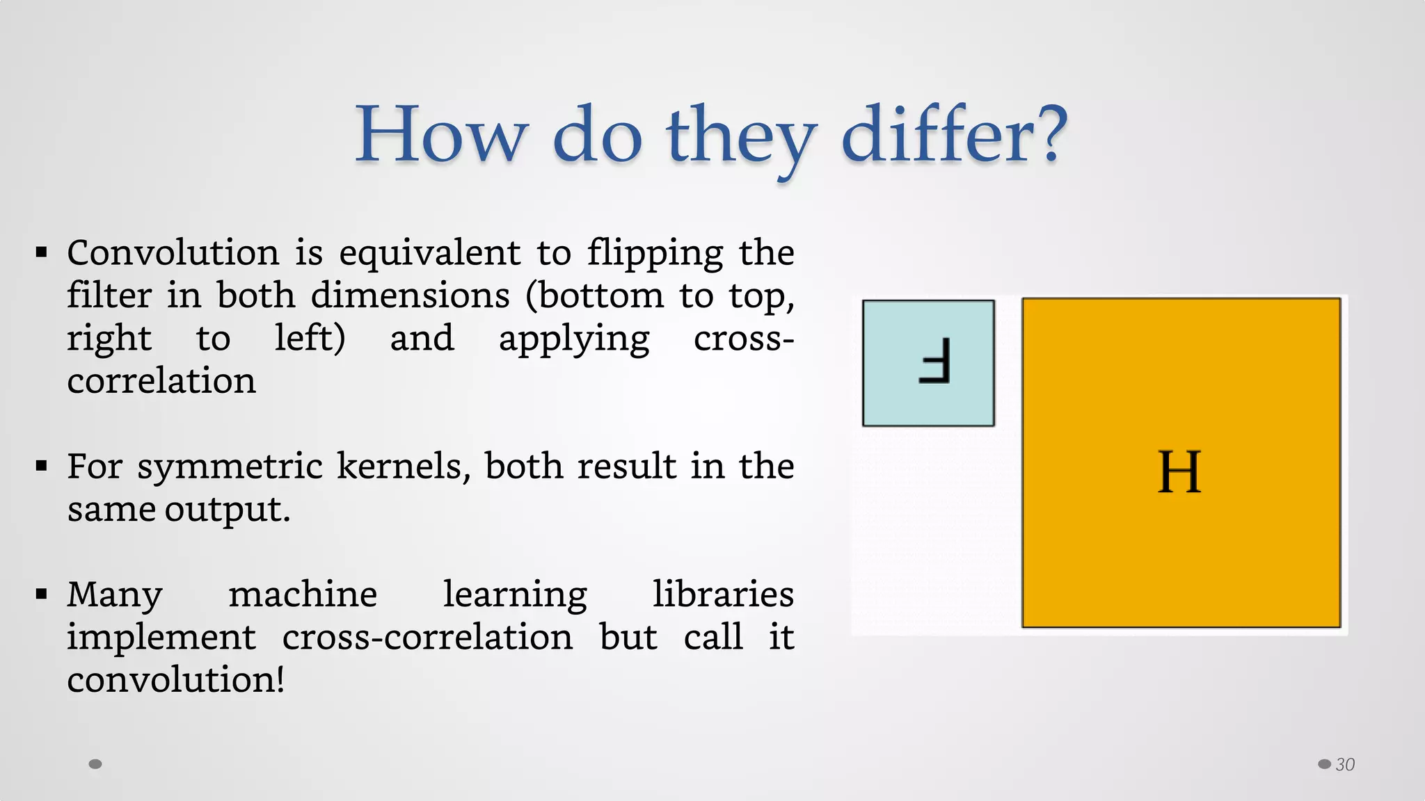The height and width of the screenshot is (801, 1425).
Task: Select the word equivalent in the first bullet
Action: [429, 253]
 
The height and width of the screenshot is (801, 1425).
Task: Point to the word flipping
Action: [655, 253]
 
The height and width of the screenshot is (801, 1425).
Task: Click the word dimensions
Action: [411, 296]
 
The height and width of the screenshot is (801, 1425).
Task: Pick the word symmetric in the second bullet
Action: [230, 467]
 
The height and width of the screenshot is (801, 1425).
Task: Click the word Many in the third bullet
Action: [115, 596]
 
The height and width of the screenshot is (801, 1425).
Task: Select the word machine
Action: [303, 594]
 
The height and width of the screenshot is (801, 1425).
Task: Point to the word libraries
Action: [723, 594]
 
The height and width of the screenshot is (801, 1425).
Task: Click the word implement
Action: [161, 638]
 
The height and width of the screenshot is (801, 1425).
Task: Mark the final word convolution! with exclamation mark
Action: [176, 680]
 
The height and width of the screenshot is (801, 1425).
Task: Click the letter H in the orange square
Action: [1179, 472]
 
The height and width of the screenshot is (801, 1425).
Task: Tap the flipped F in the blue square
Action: [934, 361]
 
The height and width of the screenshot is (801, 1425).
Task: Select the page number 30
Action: [1345, 765]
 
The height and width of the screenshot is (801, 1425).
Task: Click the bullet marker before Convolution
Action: [42, 252]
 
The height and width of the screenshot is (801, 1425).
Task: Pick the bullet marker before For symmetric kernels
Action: [42, 466]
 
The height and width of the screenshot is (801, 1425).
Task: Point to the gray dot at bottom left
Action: [95, 764]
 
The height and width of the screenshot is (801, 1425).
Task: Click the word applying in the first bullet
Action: [574, 340]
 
